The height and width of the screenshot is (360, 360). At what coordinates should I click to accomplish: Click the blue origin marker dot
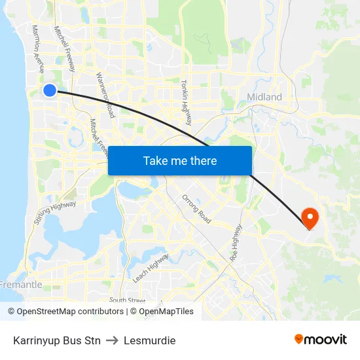click(50, 90)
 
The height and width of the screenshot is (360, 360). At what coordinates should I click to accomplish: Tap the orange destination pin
click(308, 217)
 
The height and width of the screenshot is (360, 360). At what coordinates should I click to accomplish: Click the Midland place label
click(264, 97)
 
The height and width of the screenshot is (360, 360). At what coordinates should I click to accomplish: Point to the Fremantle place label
click(21, 285)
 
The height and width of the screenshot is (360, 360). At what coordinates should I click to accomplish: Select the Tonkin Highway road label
click(187, 99)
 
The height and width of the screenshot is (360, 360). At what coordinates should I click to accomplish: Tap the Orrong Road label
click(196, 208)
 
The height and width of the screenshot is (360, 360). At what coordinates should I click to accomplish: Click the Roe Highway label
click(236, 243)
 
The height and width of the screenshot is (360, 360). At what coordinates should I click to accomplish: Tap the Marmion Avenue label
click(37, 50)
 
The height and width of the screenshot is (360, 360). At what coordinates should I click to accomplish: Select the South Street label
click(127, 300)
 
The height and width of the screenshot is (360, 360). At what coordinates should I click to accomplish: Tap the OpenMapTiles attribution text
click(166, 312)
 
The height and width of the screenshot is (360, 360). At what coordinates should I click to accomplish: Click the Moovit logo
click(321, 339)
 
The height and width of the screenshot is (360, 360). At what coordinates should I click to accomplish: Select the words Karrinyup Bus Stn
click(57, 340)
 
